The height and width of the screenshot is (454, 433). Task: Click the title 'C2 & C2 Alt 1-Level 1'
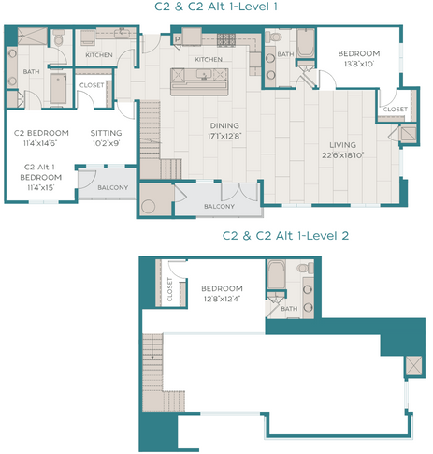(x=216, y=7)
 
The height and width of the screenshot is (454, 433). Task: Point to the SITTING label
(x=106, y=133)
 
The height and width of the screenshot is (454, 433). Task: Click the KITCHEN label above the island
(x=209, y=59)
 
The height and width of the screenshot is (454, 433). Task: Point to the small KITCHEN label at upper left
(x=99, y=55)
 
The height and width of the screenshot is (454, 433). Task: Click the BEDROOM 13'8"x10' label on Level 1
(x=358, y=58)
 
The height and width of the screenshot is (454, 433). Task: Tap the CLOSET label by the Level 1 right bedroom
(x=393, y=109)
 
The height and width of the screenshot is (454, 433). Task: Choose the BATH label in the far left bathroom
(x=31, y=71)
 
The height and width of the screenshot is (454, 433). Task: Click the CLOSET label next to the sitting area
(x=92, y=85)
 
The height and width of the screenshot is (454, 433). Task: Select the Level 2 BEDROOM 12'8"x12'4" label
(x=222, y=293)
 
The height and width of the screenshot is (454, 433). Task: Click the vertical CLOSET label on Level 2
(x=169, y=290)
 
